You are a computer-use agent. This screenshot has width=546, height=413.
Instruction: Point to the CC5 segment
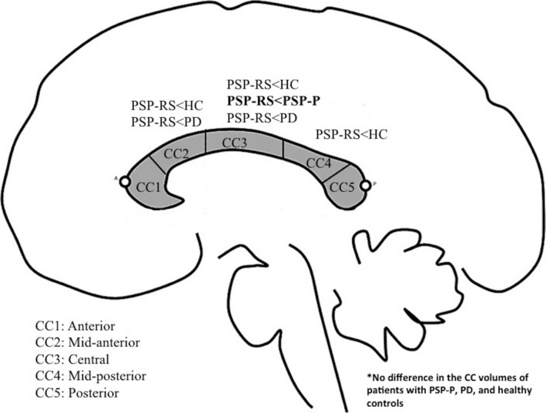pos(343,187)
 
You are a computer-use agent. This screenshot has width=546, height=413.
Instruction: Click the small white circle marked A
pos(126,183)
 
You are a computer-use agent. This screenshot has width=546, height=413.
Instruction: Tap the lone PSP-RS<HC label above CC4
pos(350,134)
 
